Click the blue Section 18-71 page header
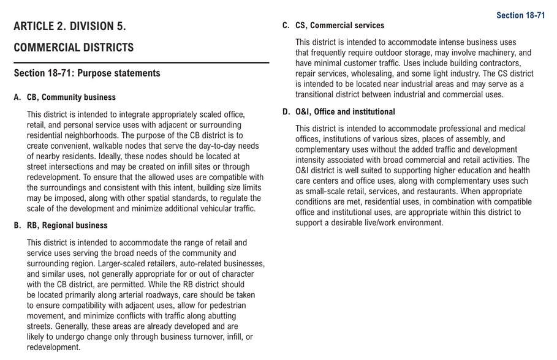[x=520, y=15]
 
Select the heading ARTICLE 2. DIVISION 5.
[x=70, y=26]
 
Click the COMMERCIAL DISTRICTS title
[x=74, y=48]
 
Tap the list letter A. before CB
[x=18, y=97]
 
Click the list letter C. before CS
[x=286, y=26]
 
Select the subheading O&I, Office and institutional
[x=345, y=112]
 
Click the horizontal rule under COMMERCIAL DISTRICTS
[x=141, y=62]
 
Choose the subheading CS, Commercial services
[x=339, y=26]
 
